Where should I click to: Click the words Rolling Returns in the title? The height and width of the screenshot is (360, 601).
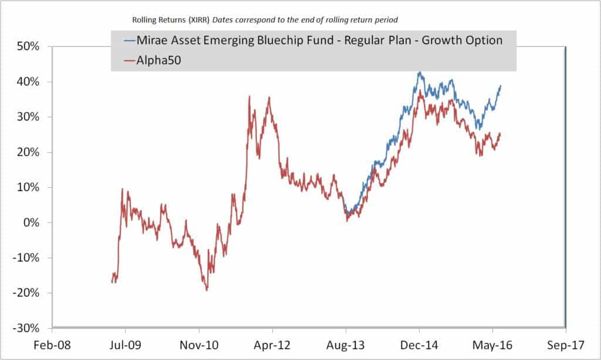tap(156, 21)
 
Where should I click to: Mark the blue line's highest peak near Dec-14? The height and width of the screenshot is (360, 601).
tap(419, 72)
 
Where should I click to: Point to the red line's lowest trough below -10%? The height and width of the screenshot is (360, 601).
tap(207, 290)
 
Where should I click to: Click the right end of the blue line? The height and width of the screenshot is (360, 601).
tap(501, 86)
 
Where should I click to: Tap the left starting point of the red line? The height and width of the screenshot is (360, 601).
tap(112, 282)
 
